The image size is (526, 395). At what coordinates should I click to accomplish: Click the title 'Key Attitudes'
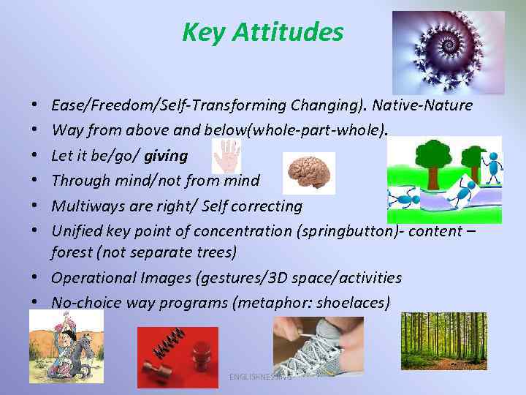tap(262, 32)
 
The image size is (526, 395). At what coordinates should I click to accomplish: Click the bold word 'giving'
tap(166, 156)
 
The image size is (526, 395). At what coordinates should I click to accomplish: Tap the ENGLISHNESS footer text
tap(260, 377)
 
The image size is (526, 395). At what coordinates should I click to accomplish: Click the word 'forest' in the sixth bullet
tap(72, 252)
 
